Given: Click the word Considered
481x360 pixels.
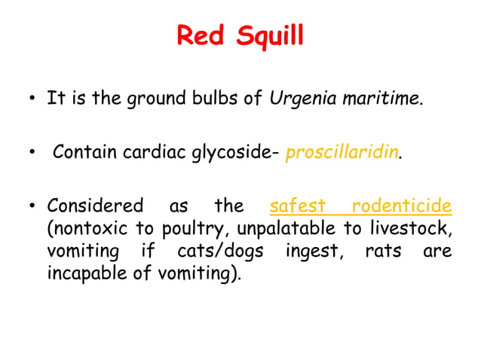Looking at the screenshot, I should point(94,206).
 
